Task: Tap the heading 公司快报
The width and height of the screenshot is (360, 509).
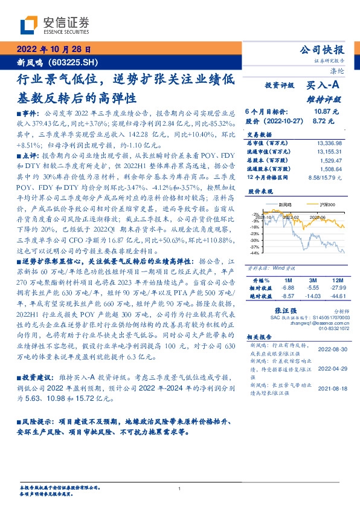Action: pyautogui.click(x=326, y=50)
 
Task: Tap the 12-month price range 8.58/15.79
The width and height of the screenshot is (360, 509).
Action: pyautogui.click(x=326, y=178)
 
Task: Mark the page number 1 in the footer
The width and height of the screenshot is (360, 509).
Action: pyautogui.click(x=180, y=489)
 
